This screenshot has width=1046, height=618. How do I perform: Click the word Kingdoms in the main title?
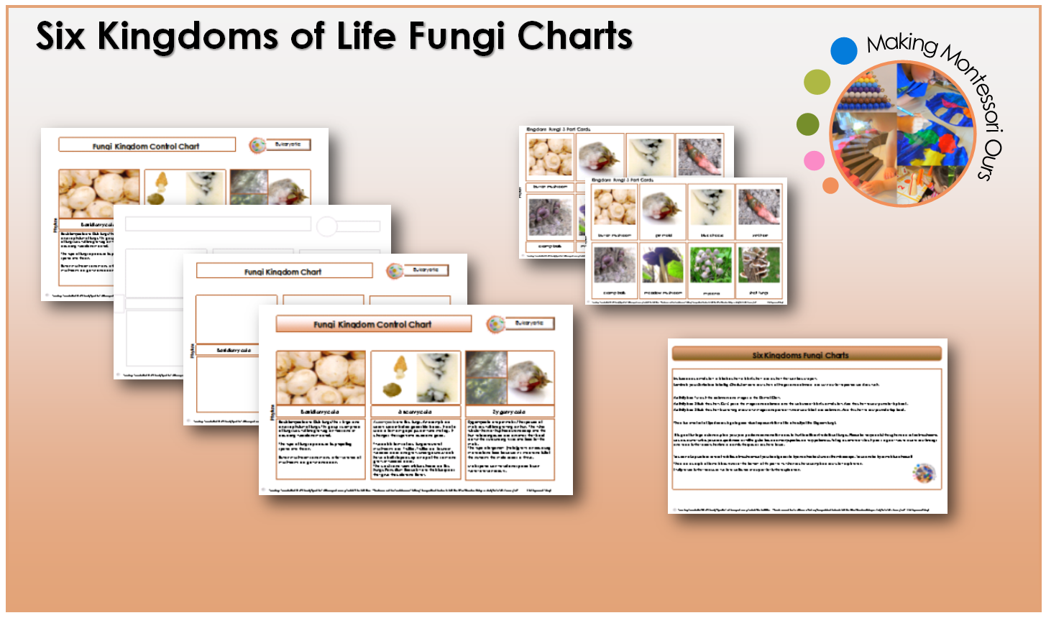pyautogui.click(x=189, y=36)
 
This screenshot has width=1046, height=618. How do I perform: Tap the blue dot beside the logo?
pyautogui.click(x=843, y=51)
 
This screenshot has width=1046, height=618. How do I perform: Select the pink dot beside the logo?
pyautogui.click(x=813, y=160)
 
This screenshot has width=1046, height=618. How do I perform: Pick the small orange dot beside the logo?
pyautogui.click(x=830, y=185)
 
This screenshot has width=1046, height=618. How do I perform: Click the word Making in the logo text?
pyautogui.click(x=901, y=45)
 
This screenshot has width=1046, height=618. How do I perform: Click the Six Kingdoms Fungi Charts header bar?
pyautogui.click(x=806, y=354)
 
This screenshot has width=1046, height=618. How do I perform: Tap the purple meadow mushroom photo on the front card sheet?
pyautogui.click(x=663, y=264)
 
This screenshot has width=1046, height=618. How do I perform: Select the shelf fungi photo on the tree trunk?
pyautogui.click(x=759, y=264)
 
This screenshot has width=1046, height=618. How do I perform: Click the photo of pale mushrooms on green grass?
pyautogui.click(x=711, y=264)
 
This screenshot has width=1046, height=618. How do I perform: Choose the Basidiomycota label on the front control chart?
pyautogui.click(x=321, y=412)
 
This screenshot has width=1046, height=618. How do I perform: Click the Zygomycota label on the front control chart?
pyautogui.click(x=510, y=412)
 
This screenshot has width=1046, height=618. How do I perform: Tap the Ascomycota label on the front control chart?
pyautogui.click(x=416, y=412)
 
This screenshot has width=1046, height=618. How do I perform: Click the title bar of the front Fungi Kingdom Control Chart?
pyautogui.click(x=373, y=324)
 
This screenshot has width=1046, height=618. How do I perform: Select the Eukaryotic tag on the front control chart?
pyautogui.click(x=529, y=323)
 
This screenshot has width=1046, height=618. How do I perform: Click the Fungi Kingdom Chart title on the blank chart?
pyautogui.click(x=284, y=271)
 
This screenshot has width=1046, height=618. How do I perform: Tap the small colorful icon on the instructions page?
pyautogui.click(x=923, y=473)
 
